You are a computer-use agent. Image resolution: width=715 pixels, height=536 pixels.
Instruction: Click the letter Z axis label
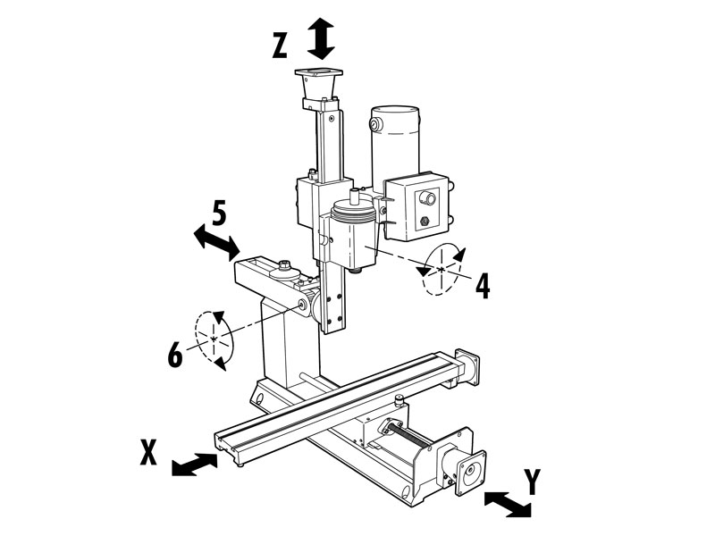point(280,46)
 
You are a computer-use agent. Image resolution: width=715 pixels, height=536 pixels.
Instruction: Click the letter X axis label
point(148,452)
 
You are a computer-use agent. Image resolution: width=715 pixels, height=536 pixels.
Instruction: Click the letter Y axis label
point(532,482)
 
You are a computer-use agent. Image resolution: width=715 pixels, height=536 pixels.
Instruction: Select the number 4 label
point(483,287)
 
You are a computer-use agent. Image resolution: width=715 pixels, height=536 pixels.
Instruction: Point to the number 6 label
point(175,354)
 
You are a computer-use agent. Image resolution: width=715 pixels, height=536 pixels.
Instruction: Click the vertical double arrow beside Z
point(321,38)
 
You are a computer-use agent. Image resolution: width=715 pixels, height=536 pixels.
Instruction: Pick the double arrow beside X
point(194,465)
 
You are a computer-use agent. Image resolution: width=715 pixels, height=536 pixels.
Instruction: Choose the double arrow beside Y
point(508,504)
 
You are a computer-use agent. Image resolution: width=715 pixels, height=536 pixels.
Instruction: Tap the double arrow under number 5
point(216,242)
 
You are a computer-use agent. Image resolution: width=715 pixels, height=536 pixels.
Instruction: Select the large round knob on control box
point(428,197)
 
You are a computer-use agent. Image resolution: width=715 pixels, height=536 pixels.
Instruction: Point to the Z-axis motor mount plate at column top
point(319,73)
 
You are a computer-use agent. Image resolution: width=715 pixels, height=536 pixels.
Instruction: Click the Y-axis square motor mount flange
point(470,473)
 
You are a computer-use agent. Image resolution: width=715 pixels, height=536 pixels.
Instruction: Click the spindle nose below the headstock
point(356,270)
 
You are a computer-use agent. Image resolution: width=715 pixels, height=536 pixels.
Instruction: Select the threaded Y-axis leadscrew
point(410,436)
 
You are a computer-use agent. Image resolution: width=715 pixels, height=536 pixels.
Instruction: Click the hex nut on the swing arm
point(283,264)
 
